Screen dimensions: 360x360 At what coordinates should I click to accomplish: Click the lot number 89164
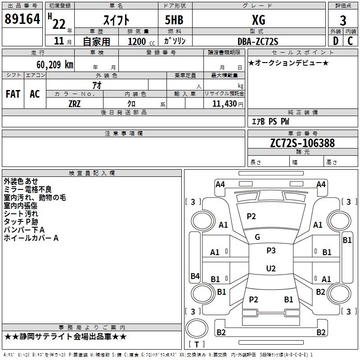click(x=22, y=19)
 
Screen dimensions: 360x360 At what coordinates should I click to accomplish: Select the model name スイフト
click(x=117, y=20)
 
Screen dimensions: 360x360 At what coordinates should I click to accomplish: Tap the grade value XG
click(x=258, y=20)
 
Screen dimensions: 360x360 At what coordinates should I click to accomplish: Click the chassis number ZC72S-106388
click(x=302, y=143)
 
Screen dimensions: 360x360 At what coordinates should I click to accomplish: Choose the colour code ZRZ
click(x=75, y=103)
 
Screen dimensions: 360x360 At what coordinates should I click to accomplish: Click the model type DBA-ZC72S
click(x=258, y=41)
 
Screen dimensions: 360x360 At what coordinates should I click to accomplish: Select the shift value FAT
click(x=13, y=94)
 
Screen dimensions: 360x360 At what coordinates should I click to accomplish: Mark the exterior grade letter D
click(x=335, y=41)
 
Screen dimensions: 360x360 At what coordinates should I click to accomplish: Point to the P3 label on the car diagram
click(x=271, y=251)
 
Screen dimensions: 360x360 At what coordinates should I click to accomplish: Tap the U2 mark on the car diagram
click(x=271, y=269)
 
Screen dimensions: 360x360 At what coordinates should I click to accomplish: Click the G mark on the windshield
click(x=257, y=237)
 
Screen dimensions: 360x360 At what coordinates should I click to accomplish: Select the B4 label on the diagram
click(x=195, y=276)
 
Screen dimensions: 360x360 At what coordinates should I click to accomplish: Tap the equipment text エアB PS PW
click(x=270, y=121)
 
